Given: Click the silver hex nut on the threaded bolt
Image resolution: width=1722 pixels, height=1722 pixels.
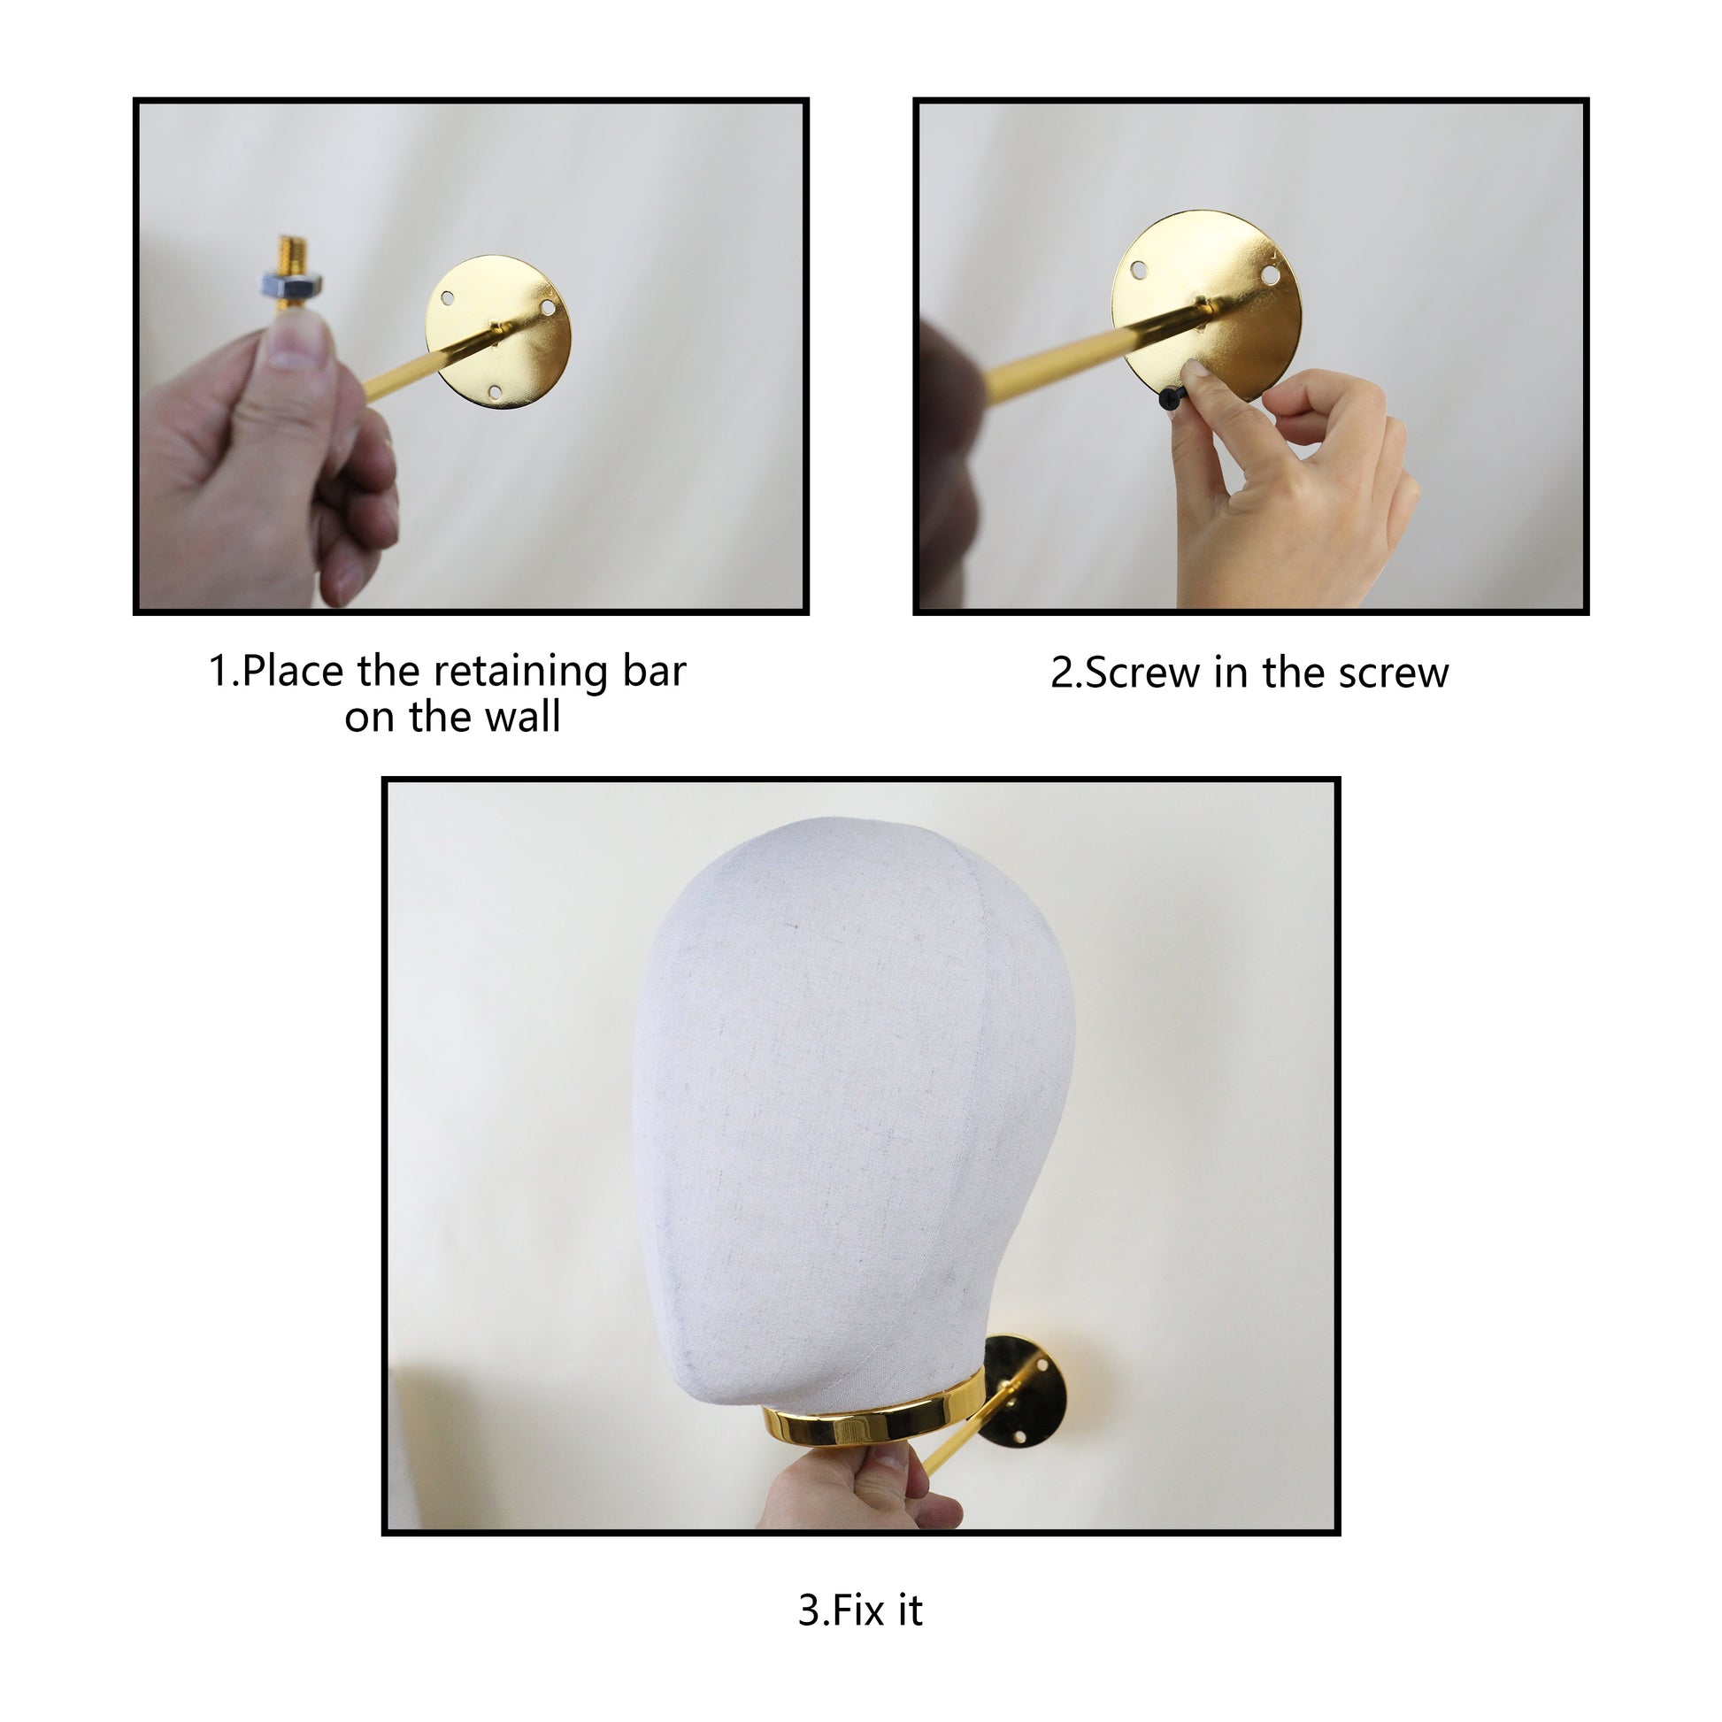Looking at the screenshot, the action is pos(290,285).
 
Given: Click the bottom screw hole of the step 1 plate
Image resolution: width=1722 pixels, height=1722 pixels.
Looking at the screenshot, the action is pos(496,392).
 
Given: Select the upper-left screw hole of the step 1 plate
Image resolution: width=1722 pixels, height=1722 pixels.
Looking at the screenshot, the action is pos(448,297).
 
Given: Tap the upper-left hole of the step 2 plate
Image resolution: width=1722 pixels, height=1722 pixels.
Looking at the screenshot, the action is pos(1138,269).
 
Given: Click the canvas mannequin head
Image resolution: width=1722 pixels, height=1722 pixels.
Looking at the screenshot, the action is pos(854,1112).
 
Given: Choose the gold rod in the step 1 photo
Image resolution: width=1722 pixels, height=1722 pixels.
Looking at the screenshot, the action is pos(434,363).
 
